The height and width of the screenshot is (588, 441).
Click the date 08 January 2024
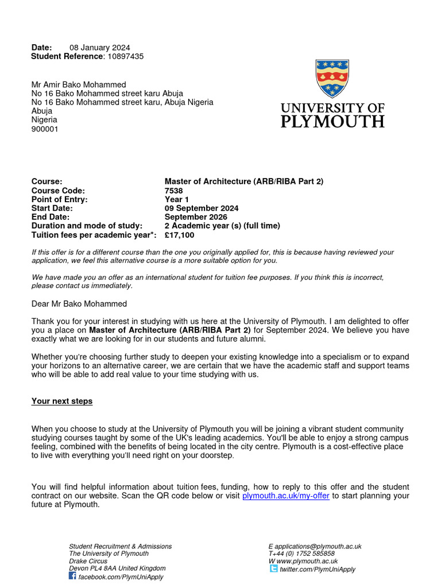pyautogui.click(x=100, y=48)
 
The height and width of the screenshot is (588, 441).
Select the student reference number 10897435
pyautogui.click(x=126, y=56)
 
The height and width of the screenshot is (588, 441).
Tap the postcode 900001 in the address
pyautogui.click(x=45, y=129)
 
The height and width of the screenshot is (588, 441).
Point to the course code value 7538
pyautogui.click(x=173, y=191)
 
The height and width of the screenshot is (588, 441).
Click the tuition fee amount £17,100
pyautogui.click(x=179, y=235)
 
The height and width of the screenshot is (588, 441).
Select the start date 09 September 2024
pyautogui.click(x=202, y=208)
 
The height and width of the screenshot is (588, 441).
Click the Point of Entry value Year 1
pyautogui.click(x=176, y=199)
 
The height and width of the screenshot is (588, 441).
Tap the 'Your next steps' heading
pyautogui.click(x=62, y=401)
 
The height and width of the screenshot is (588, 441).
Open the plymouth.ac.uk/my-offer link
pyautogui.click(x=286, y=496)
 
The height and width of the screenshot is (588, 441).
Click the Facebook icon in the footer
pyautogui.click(x=72, y=576)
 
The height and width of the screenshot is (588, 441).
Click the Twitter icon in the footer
pyautogui.click(x=273, y=569)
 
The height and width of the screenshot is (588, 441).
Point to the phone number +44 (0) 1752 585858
pyautogui.click(x=304, y=554)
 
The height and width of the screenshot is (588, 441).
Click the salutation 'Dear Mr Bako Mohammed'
pyautogui.click(x=79, y=304)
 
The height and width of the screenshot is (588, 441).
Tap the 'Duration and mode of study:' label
pyautogui.click(x=87, y=226)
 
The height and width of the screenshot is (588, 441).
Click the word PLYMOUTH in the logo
pyautogui.click(x=332, y=121)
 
